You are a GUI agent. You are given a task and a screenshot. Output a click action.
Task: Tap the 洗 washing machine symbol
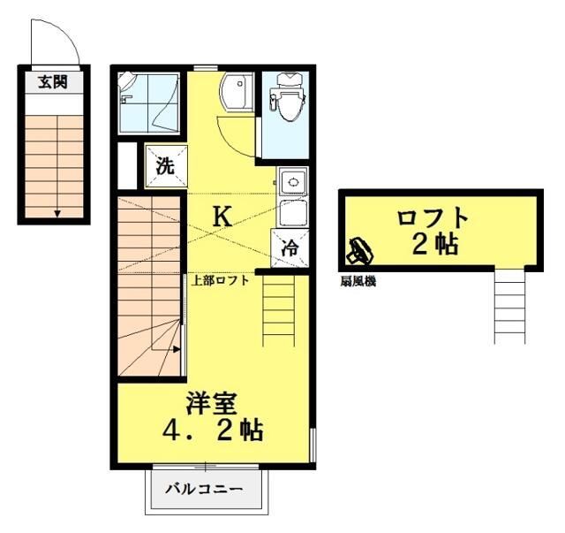[165, 164]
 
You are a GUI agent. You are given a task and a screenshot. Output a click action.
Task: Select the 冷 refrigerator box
[289, 248]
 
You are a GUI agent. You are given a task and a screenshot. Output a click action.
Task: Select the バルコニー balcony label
[204, 488]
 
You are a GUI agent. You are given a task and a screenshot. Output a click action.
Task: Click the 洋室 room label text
[210, 403]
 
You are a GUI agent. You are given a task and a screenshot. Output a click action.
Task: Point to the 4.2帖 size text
[212, 432]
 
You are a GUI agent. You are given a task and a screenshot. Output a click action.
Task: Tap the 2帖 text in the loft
[434, 244]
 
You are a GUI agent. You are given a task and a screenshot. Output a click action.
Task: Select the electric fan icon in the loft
[360, 253]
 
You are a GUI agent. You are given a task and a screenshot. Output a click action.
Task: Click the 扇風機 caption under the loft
[358, 281]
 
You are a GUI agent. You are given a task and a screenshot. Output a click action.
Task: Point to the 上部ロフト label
[221, 281]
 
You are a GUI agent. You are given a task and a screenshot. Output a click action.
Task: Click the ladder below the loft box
[509, 304]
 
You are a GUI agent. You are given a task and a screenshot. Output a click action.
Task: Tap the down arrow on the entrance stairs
[57, 212]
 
